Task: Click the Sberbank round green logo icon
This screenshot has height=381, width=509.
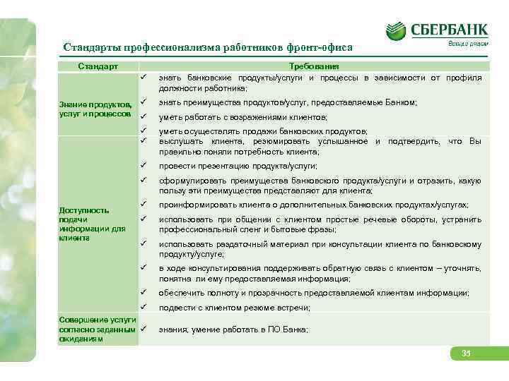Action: click(x=396, y=30)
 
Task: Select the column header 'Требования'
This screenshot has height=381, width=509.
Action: click(x=320, y=66)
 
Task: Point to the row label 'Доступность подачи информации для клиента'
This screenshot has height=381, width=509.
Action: click(x=83, y=224)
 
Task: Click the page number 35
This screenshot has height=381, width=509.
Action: click(x=466, y=353)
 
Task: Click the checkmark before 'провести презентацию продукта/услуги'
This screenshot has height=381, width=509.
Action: click(x=143, y=166)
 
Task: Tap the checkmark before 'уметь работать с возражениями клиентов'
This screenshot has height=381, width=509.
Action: click(x=143, y=117)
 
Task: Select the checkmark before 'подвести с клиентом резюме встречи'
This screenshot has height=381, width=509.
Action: click(x=143, y=308)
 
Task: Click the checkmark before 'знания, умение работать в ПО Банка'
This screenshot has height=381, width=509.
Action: click(x=143, y=329)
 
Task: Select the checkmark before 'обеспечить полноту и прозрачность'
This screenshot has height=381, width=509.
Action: click(x=143, y=292)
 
